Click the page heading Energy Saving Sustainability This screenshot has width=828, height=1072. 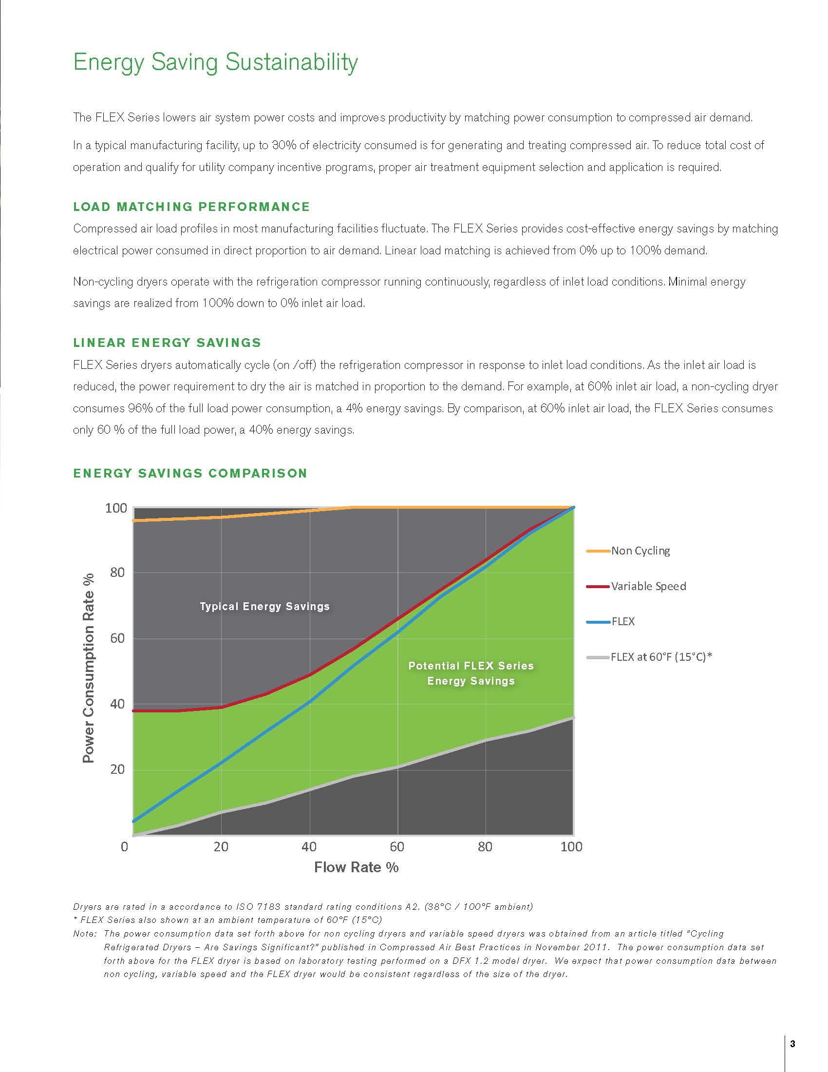pos(215,62)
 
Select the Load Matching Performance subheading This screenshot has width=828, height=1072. pos(191,207)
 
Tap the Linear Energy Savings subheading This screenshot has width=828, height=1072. pos(167,343)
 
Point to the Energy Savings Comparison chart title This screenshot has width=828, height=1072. pos(190,473)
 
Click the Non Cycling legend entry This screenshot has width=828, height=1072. pos(640,551)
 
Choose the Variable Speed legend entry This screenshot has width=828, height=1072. pos(648,586)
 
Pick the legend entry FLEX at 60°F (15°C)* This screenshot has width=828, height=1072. pos(661,657)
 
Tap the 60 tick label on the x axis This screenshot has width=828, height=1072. pos(397,847)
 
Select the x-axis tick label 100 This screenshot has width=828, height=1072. pos(571,847)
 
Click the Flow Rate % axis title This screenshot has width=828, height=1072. pos(356,867)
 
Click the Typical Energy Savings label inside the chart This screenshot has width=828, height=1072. pos(264,607)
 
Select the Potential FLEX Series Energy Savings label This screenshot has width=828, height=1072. pos(471,673)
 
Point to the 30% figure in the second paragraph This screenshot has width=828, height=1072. pos(284,145)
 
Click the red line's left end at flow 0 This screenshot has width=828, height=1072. pos(133,711)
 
